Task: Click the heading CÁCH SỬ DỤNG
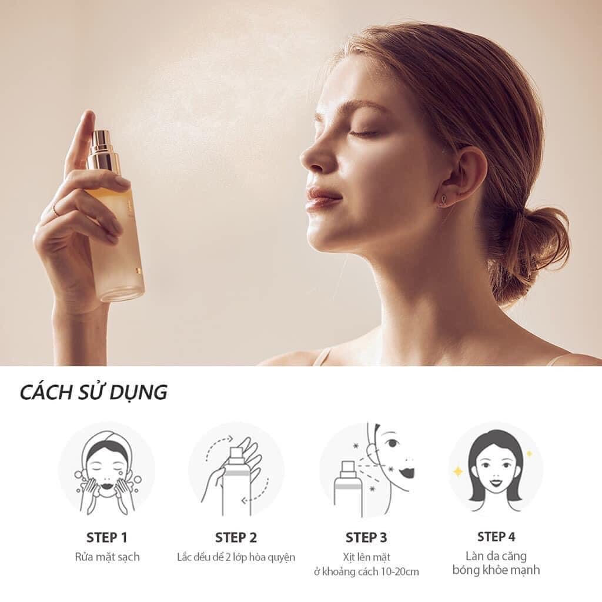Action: pyautogui.click(x=93, y=392)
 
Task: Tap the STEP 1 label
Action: pyautogui.click(x=107, y=537)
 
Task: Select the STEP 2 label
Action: pyautogui.click(x=236, y=537)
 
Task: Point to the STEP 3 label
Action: pyautogui.click(x=366, y=537)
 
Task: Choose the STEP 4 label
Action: pyautogui.click(x=496, y=536)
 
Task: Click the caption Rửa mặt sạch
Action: pyautogui.click(x=107, y=557)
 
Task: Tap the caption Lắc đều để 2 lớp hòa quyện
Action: pyautogui.click(x=236, y=557)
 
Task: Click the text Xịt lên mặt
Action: pyautogui.click(x=366, y=557)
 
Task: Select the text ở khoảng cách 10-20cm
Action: pyautogui.click(x=366, y=571)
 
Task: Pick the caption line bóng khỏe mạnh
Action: pyautogui.click(x=496, y=570)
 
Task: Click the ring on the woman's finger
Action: pyautogui.click(x=56, y=209)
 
